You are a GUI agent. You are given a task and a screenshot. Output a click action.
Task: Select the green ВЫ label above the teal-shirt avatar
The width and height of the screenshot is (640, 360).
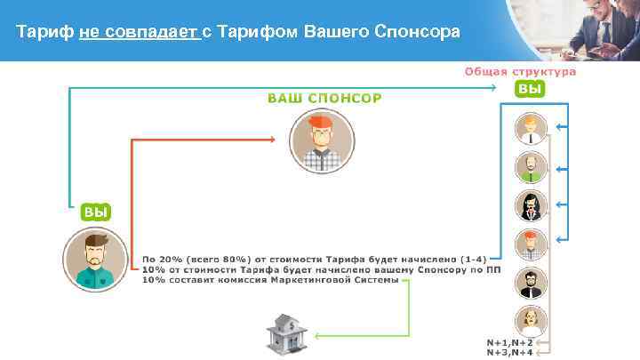96,212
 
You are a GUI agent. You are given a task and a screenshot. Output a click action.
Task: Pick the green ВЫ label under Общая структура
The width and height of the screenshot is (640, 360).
530,89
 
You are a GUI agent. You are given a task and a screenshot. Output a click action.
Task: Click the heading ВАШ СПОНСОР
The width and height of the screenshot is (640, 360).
324,97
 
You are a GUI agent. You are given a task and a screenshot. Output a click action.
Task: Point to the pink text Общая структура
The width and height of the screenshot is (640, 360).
520,72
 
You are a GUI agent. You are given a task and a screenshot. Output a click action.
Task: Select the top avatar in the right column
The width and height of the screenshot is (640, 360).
531,129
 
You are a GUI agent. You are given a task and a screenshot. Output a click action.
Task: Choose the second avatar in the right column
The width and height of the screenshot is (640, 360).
531,166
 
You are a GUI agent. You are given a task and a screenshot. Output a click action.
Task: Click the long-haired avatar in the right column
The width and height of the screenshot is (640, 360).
531,204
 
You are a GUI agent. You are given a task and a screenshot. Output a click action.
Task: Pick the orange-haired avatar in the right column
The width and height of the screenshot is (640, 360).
531,243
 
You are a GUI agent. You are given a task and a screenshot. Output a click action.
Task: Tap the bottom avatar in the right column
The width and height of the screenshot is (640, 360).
531,318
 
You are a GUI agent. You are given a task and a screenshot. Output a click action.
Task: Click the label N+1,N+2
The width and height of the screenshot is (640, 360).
509,342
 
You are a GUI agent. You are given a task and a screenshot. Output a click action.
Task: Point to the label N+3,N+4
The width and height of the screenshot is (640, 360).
509,353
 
